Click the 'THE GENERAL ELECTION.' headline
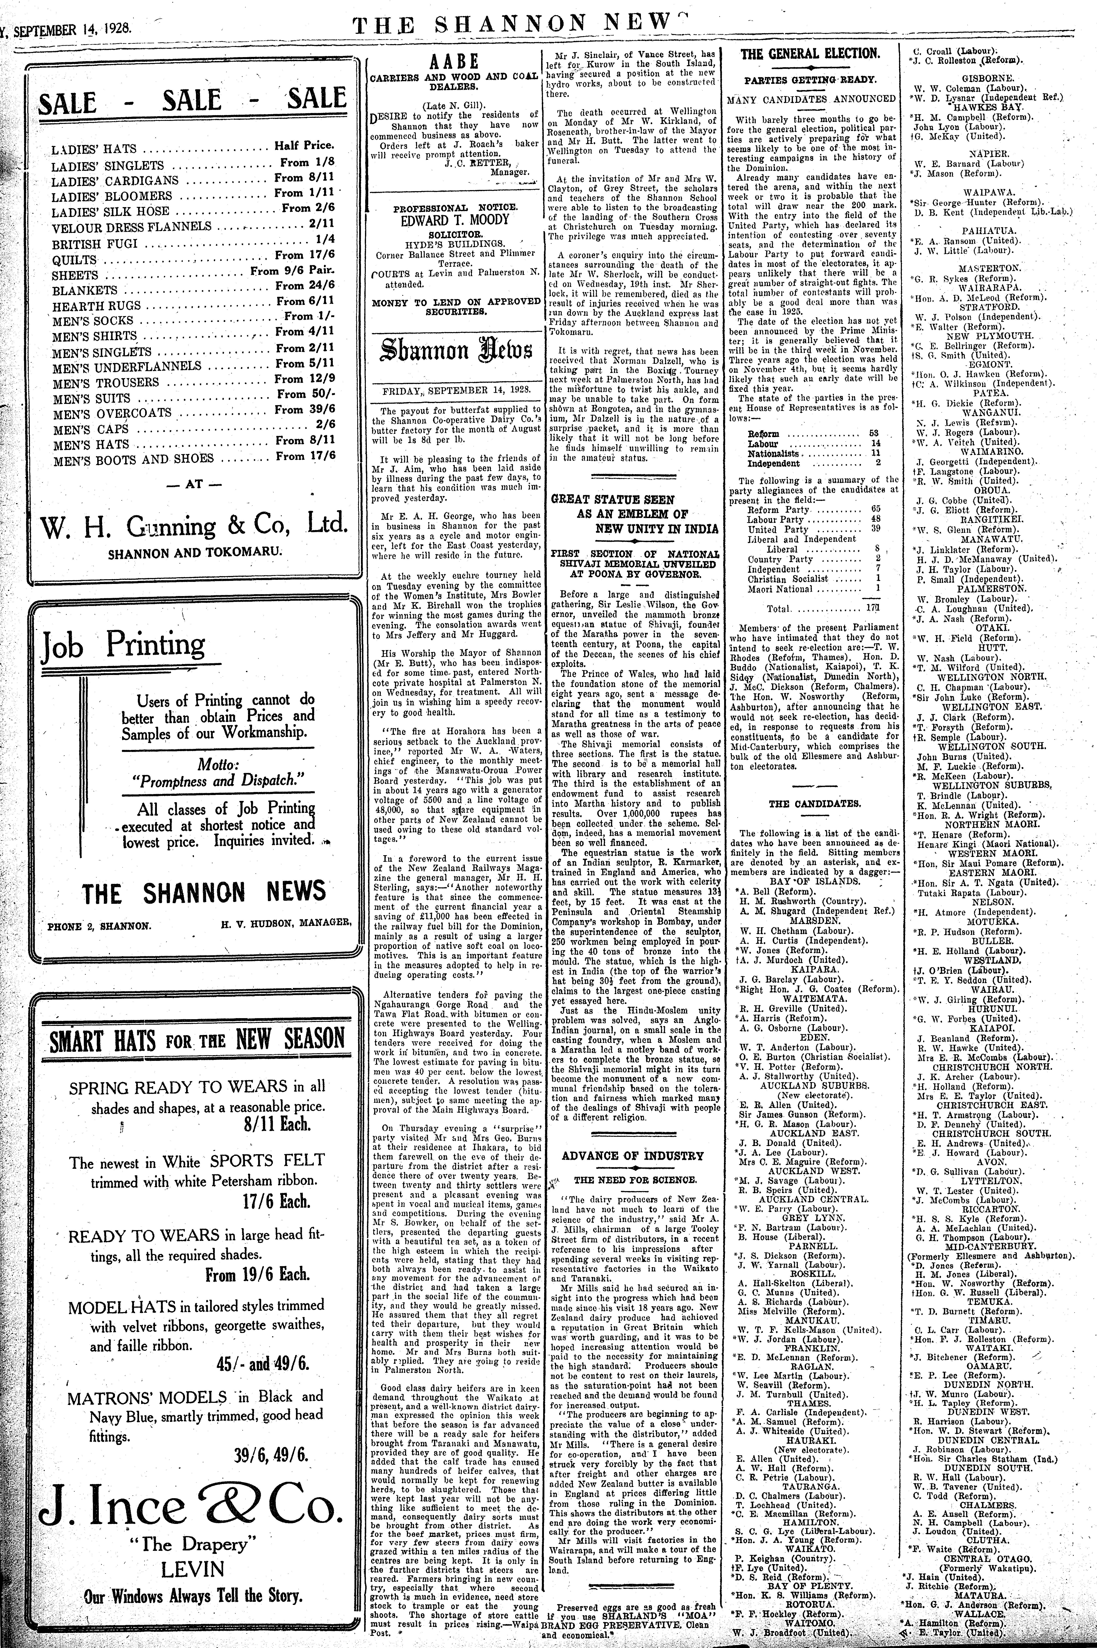(810, 54)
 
